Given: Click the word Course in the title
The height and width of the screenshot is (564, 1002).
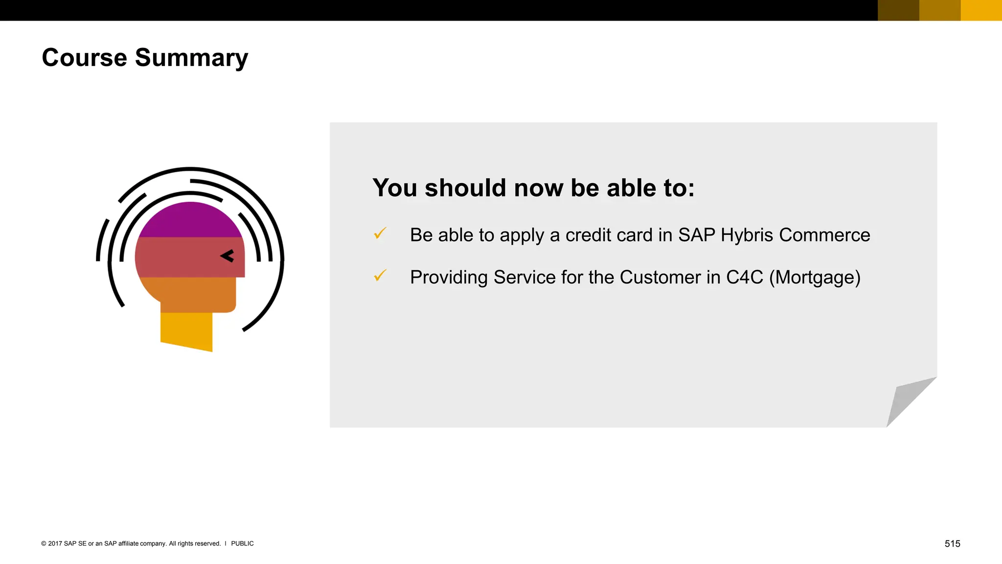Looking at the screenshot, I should pyautogui.click(x=84, y=58).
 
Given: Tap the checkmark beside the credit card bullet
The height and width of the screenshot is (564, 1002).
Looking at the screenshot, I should pyautogui.click(x=380, y=234).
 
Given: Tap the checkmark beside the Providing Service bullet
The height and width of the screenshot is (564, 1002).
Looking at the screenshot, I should pyautogui.click(x=380, y=276).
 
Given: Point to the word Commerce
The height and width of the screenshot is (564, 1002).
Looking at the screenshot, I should pyautogui.click(x=824, y=235).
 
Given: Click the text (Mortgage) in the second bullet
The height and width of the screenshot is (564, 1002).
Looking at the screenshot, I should pyautogui.click(x=815, y=278).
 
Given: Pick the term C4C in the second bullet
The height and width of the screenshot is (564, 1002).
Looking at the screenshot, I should pyautogui.click(x=744, y=278).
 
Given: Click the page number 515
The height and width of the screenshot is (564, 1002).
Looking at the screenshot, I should pyautogui.click(x=952, y=544).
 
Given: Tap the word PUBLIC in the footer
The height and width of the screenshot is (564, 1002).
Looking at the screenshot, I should pyautogui.click(x=242, y=544).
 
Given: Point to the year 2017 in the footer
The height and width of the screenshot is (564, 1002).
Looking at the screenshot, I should pyautogui.click(x=55, y=544).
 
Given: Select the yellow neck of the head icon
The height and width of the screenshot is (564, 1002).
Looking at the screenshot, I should pyautogui.click(x=186, y=330).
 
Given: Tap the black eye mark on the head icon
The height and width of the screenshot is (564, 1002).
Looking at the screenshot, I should pyautogui.click(x=227, y=256).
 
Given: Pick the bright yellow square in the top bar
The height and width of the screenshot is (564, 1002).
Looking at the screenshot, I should pyautogui.click(x=981, y=10).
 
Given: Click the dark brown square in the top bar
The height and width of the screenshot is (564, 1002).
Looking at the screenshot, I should pyautogui.click(x=898, y=10).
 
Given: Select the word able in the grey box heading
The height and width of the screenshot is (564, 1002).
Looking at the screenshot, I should pyautogui.click(x=628, y=188).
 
